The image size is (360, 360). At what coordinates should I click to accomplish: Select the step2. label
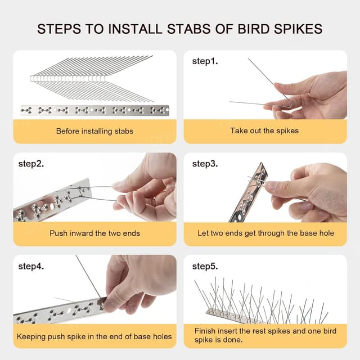point(31,164)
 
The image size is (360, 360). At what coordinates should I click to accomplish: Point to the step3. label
point(204,164)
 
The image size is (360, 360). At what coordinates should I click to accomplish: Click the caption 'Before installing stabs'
point(94,131)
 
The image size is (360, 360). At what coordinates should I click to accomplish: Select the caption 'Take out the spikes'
point(264,131)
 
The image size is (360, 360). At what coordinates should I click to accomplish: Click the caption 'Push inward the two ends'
point(94,233)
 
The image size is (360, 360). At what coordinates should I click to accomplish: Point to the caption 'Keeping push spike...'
point(94,337)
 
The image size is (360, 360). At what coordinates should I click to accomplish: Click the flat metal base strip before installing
point(94,110)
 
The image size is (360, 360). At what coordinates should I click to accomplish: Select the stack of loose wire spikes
point(90,79)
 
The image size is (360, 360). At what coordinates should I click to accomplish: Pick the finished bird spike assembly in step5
point(264,301)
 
